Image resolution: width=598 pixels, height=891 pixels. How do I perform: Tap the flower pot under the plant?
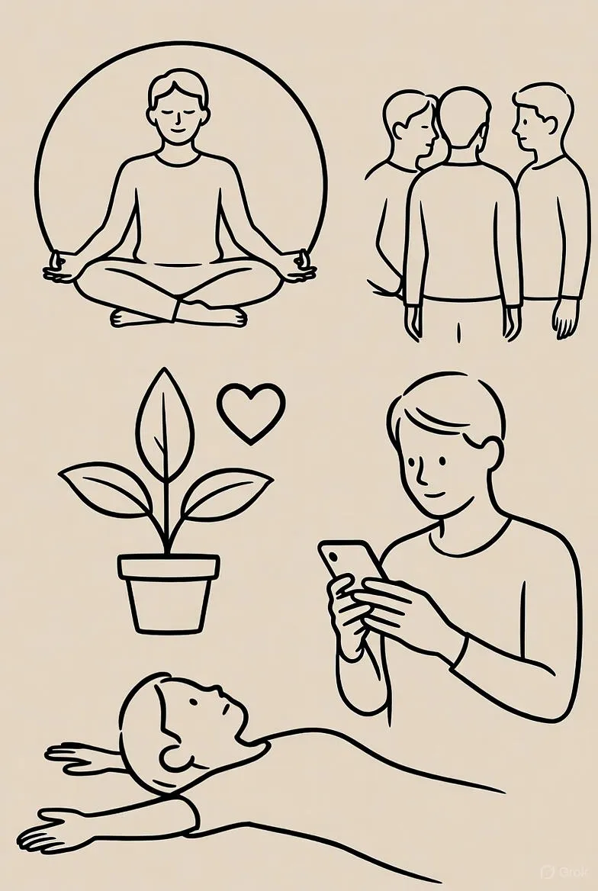point(169,593)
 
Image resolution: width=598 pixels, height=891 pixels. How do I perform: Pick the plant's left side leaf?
point(106,489)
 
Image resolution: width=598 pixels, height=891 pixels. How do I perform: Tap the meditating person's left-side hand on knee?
point(61,269)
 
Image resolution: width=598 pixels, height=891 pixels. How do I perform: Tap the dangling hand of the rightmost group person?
point(566,317)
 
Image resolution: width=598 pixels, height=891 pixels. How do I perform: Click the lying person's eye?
point(194,703)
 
